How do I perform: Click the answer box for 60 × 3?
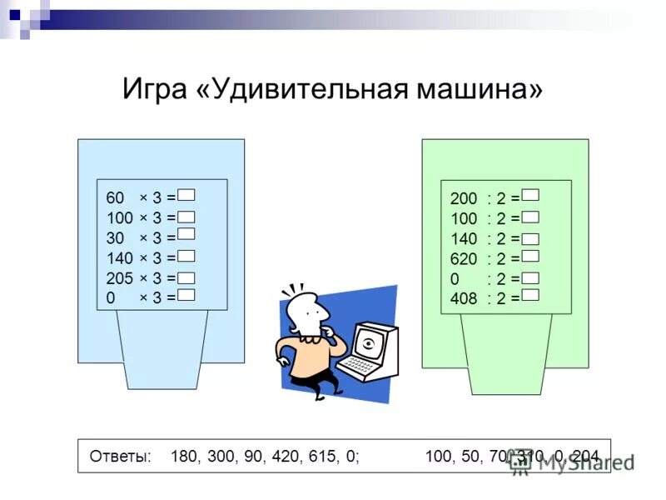186,195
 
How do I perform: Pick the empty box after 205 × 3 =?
186,277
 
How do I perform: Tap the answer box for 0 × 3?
186,296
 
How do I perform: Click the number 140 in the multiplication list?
120,258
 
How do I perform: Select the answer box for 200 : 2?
531,196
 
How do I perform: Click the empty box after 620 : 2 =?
531,257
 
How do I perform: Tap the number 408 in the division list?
464,297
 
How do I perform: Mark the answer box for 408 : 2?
531,296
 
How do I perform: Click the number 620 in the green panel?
464,258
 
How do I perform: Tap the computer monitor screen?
370,342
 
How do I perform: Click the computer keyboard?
360,367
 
